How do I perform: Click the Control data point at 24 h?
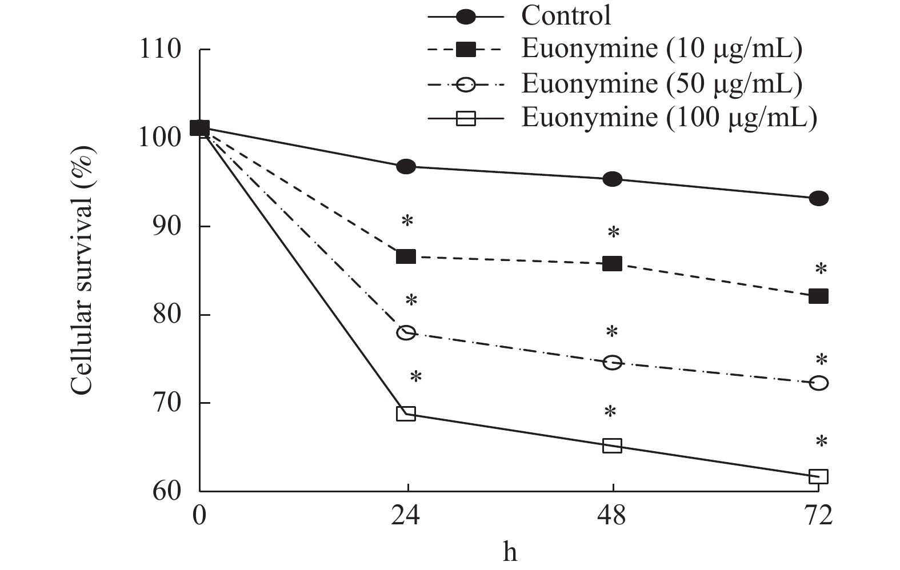[406, 167]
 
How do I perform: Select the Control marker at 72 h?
[818, 199]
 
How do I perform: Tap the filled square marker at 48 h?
[612, 264]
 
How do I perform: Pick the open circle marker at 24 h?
[406, 332]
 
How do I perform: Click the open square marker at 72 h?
[818, 476]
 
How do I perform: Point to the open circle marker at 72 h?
[818, 383]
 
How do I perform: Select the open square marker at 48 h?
[612, 445]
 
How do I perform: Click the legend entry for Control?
[566, 15]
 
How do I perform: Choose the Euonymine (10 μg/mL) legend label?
[661, 49]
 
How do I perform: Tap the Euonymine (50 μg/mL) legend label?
[661, 83]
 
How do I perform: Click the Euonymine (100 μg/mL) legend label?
[669, 118]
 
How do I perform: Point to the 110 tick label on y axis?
[160, 50]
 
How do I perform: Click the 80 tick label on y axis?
[167, 315]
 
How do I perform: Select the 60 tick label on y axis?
[167, 491]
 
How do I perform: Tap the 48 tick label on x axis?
[612, 516]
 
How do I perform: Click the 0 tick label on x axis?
[199, 516]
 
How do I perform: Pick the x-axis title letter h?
[510, 552]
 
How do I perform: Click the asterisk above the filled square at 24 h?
[407, 221]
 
